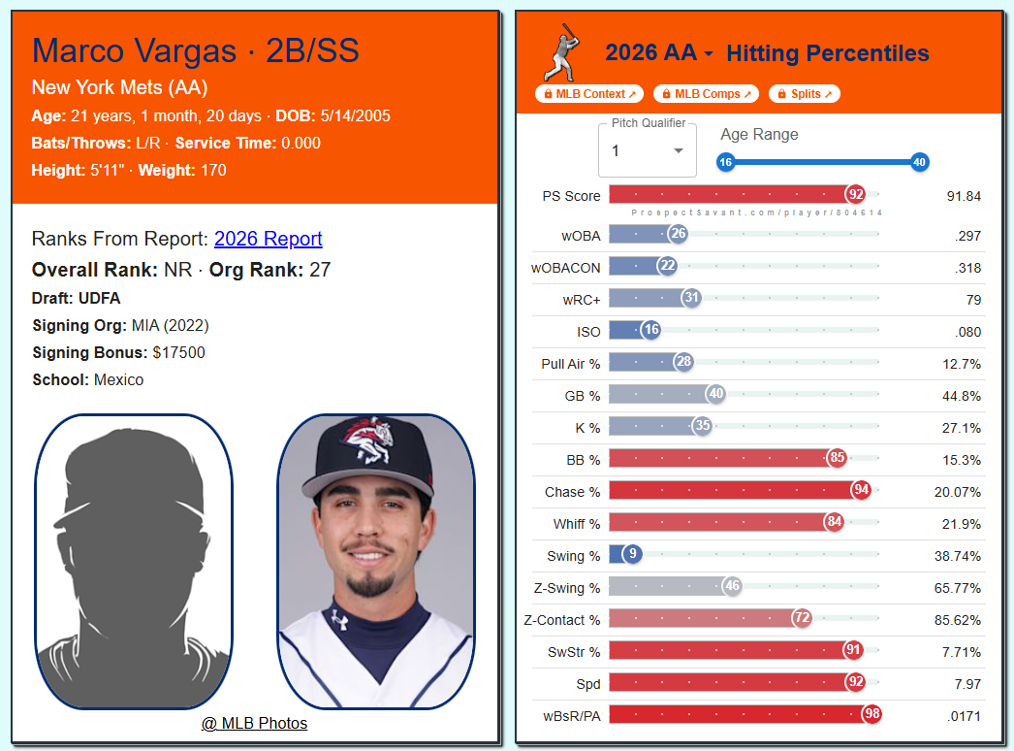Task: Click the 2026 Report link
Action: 268,239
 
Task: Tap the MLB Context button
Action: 589,94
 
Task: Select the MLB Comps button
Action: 706,94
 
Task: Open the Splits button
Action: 805,94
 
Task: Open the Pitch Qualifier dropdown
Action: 648,150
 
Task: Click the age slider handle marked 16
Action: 725,162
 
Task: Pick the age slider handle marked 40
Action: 920,162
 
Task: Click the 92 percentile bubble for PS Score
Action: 856,194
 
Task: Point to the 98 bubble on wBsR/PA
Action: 871,713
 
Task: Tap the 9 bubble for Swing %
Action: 632,553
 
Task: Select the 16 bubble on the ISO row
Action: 651,330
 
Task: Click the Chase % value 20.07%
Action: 957,492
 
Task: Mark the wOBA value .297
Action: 968,237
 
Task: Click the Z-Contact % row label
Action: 562,620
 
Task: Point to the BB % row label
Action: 584,460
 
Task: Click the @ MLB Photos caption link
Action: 254,723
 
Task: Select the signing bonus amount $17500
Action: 178,353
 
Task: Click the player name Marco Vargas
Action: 135,50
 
